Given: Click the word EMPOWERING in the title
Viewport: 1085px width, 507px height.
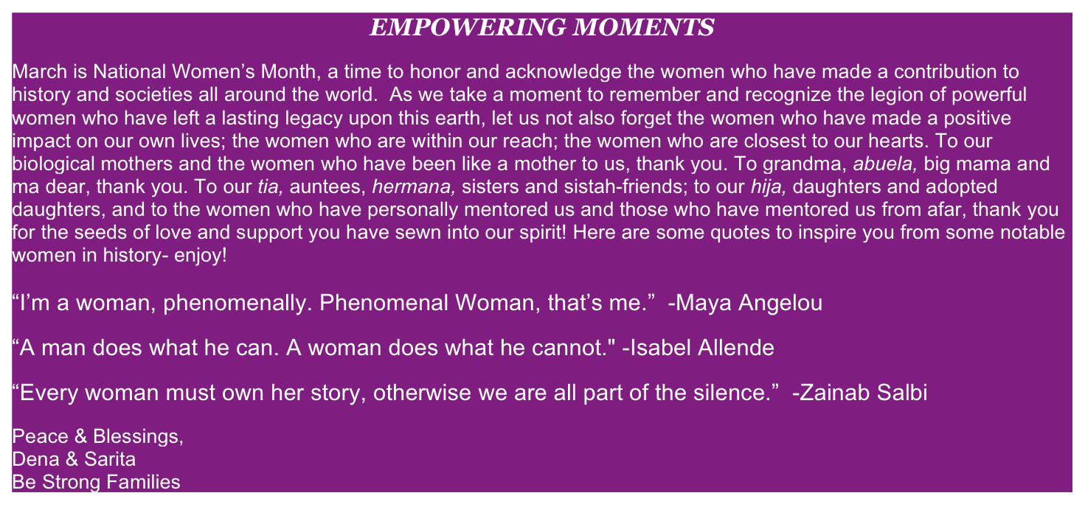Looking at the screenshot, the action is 468,27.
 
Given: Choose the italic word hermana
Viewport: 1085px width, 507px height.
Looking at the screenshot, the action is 414,186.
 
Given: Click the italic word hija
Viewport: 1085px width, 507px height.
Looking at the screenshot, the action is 769,187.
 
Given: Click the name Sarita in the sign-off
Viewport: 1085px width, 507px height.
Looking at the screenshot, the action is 110,459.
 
